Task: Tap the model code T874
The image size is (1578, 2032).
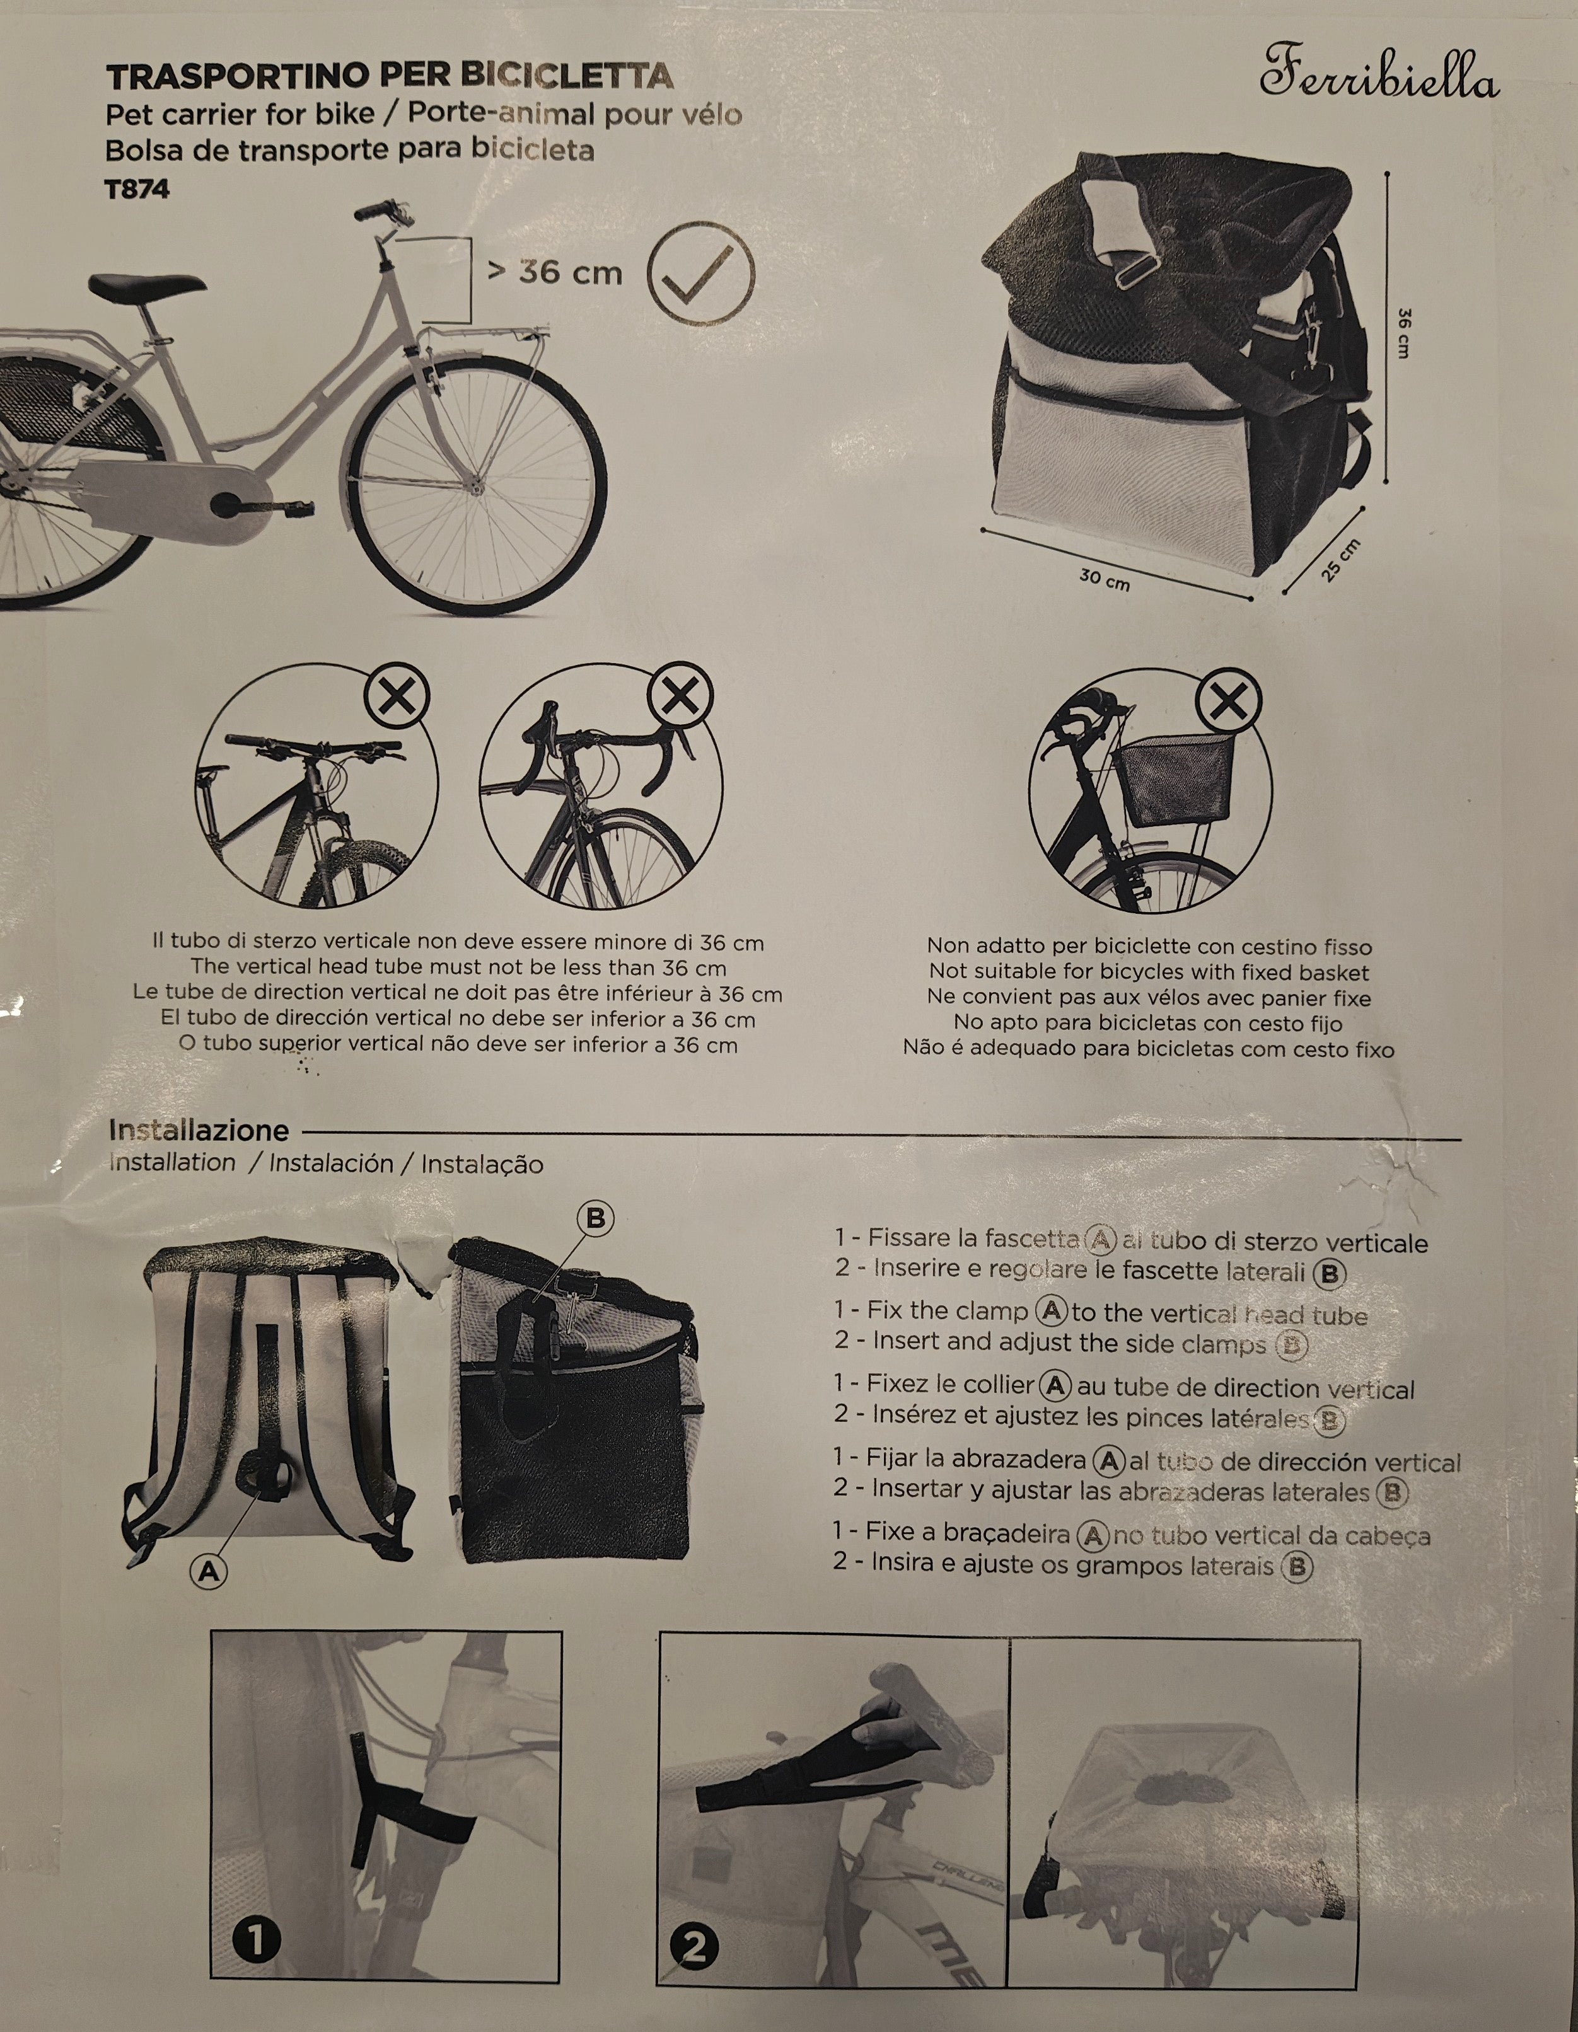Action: [137, 190]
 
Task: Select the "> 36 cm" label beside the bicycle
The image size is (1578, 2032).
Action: [555, 272]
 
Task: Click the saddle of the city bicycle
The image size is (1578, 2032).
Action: [147, 287]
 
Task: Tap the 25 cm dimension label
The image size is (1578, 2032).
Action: [1341, 560]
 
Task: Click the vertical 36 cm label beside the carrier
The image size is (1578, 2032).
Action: [1403, 333]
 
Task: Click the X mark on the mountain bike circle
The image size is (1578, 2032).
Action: [397, 697]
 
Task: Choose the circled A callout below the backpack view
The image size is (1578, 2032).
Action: [209, 1571]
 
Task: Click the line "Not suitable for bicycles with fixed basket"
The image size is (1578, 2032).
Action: [1149, 973]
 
